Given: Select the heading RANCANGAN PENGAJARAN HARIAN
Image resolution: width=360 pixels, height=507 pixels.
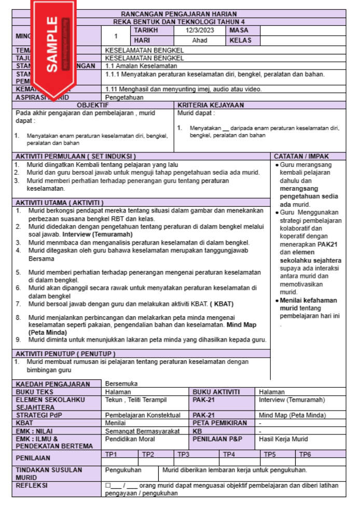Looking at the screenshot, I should coord(178,14).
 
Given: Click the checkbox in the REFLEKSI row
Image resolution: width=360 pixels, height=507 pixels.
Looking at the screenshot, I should coord(108,486).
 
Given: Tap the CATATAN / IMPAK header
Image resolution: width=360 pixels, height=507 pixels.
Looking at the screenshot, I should coord(301,156).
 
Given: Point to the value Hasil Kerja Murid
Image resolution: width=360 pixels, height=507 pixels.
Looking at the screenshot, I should coord(283,439).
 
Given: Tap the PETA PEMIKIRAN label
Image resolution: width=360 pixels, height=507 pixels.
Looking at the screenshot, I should coord(220,423).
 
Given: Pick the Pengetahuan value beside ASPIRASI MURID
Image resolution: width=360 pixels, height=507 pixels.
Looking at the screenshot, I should coord(124,97).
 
